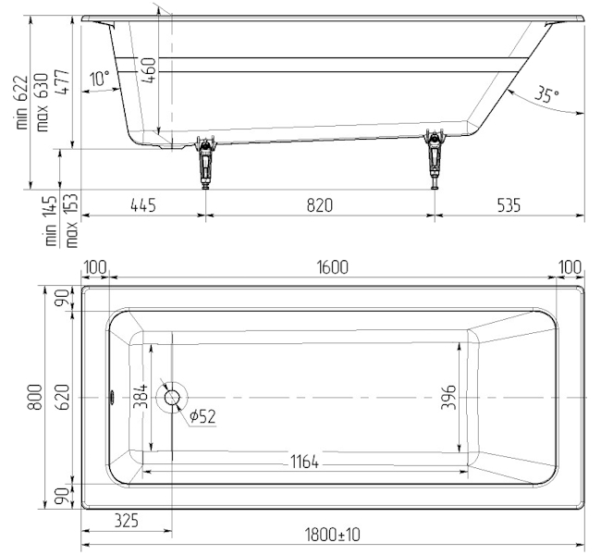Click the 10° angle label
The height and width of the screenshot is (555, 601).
pyautogui.click(x=100, y=79)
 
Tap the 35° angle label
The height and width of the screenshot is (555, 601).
pyautogui.click(x=547, y=94)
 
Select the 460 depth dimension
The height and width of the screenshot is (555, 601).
pyautogui.click(x=149, y=70)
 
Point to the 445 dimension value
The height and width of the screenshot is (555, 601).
pyautogui.click(x=143, y=205)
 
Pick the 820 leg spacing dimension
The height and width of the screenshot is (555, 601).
pyautogui.click(x=320, y=205)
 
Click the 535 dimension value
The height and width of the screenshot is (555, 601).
pyautogui.click(x=509, y=205)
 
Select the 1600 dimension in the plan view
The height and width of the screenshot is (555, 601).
pyautogui.click(x=333, y=267)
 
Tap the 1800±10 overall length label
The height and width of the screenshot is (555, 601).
pyautogui.click(x=333, y=535)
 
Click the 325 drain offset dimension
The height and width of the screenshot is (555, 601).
pyautogui.click(x=127, y=521)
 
